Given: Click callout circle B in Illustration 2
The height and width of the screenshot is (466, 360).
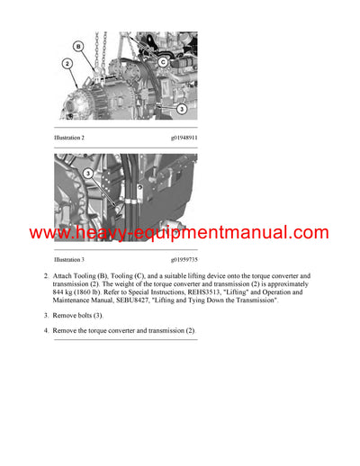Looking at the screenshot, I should click(78, 45).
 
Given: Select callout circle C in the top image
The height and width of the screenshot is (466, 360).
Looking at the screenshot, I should click(164, 62).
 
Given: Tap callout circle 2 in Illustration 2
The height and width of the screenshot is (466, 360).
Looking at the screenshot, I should click(67, 64).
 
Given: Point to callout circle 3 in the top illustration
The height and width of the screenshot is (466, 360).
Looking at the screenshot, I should click(181, 109).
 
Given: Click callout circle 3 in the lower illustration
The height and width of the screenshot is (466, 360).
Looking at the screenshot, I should click(88, 173).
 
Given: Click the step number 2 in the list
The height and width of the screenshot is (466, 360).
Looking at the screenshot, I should click(46, 275).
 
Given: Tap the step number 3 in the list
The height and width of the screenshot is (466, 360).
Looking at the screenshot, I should click(46, 316).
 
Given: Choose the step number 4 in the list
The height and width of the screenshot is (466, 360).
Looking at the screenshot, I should click(46, 331).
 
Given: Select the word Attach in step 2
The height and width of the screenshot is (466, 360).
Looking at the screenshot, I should click(67, 275).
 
